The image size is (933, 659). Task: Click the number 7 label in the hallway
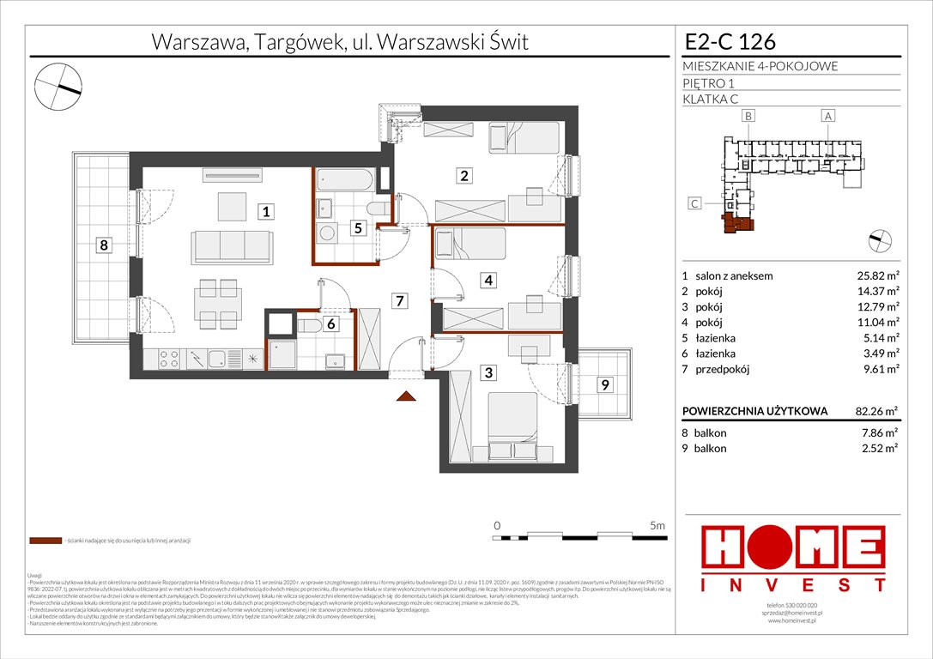(x=400, y=300)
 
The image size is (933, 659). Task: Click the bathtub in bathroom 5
(x=346, y=181)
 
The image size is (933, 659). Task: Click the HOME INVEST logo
(x=793, y=559)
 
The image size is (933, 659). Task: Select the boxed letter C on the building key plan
(x=695, y=203)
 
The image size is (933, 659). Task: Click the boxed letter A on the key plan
(x=827, y=115)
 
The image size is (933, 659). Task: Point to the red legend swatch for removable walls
(x=45, y=541)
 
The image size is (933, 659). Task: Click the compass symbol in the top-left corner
(x=58, y=83)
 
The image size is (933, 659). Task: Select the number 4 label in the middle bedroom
(x=488, y=279)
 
